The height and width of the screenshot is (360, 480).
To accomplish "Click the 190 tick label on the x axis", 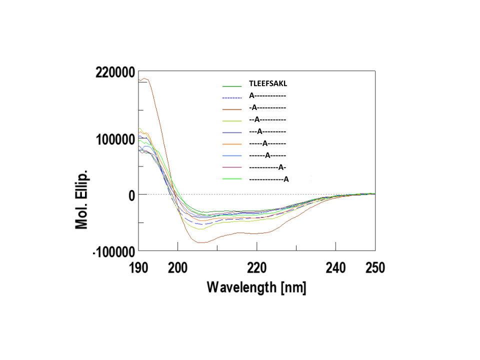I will click(x=138, y=268).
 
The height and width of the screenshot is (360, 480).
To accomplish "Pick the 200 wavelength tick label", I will click(x=177, y=268).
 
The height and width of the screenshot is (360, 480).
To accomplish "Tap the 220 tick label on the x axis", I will click(x=256, y=268).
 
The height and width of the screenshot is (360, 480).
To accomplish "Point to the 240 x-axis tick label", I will click(x=335, y=268).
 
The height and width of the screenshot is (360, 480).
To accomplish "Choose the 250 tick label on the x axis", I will click(x=375, y=268).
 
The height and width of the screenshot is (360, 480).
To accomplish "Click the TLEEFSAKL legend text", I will click(x=267, y=83).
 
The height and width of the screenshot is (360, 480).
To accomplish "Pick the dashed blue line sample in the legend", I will click(x=232, y=97).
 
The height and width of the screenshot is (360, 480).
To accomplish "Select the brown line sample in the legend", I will click(x=232, y=107).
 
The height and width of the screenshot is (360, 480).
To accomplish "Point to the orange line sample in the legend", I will click(x=232, y=143).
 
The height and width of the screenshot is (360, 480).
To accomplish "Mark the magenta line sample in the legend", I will click(x=232, y=167).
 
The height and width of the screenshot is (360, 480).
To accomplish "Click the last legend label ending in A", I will click(x=268, y=179).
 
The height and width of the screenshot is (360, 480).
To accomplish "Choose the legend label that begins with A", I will click(x=267, y=95).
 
